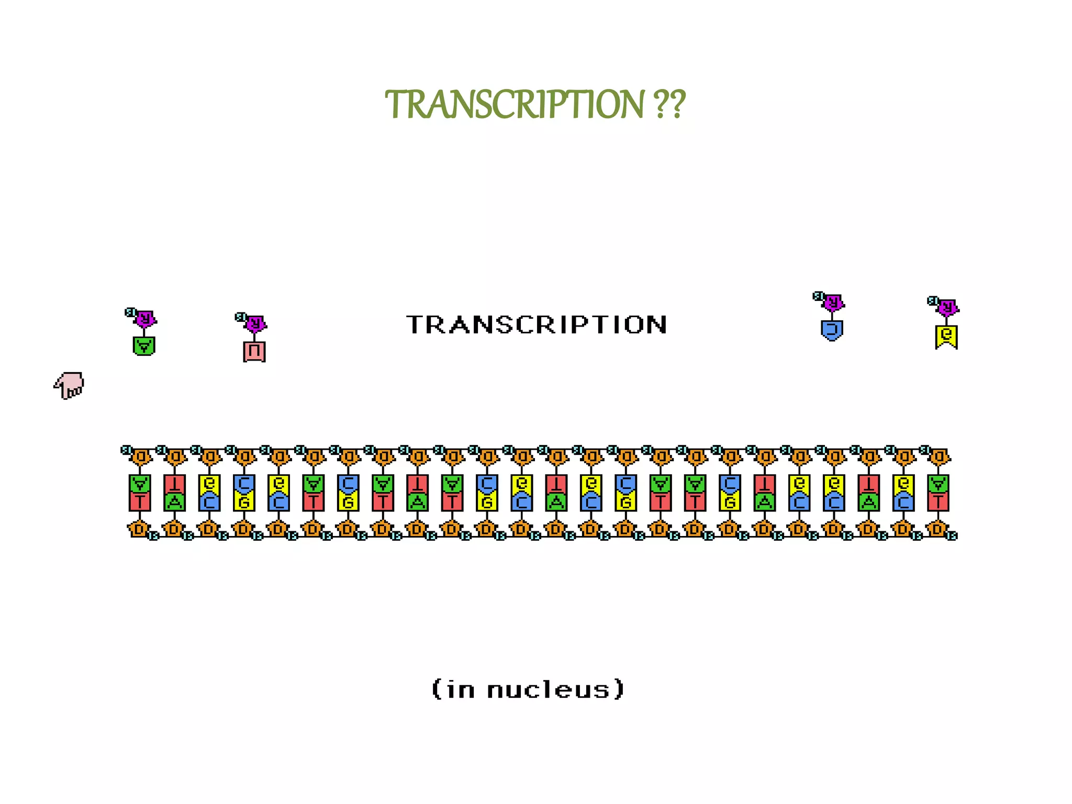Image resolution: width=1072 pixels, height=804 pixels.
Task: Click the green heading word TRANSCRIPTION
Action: (514, 105)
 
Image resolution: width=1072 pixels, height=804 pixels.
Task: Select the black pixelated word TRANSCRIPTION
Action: (537, 325)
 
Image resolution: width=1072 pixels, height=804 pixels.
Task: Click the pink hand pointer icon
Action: (69, 386)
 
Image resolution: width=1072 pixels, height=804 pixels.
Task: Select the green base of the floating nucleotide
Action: (144, 346)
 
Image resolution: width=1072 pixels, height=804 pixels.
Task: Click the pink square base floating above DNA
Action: (254, 351)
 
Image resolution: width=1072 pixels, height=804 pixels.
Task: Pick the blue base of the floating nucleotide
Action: (832, 330)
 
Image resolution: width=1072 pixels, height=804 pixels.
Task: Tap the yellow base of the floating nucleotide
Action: (946, 336)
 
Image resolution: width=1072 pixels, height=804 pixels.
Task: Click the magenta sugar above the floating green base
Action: (145, 318)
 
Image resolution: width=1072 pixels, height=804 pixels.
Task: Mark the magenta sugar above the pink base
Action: (255, 323)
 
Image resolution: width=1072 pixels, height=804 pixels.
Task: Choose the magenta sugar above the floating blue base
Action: (833, 302)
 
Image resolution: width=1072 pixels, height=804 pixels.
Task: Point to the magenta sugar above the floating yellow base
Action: (947, 307)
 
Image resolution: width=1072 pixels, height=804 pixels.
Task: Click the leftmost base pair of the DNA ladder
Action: (140, 493)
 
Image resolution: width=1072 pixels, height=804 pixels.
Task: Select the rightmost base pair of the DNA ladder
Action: (938, 493)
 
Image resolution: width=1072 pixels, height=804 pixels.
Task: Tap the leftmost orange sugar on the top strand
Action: (140, 457)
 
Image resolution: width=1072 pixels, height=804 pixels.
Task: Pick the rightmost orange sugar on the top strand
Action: (939, 457)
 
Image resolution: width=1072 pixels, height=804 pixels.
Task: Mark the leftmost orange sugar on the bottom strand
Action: (139, 529)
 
